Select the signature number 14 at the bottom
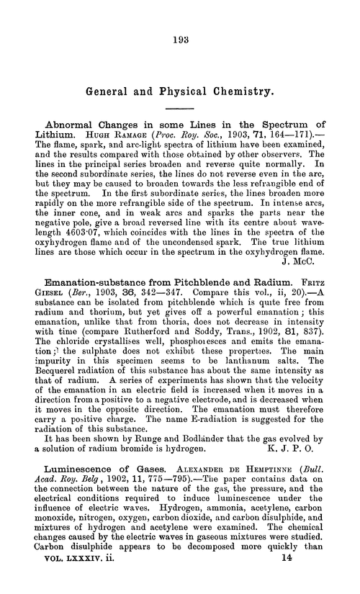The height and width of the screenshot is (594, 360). coord(320,588)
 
